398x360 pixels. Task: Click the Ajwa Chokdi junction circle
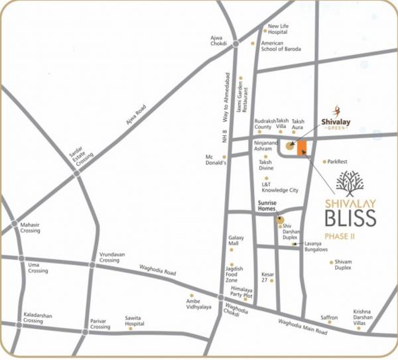tap(236, 44)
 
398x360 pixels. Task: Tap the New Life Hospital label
tap(278, 29)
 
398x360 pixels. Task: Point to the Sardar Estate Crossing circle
tap(77, 173)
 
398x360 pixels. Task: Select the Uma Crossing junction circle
tap(22, 259)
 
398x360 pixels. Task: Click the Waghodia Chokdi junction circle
tap(221, 298)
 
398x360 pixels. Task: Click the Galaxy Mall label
tap(237, 241)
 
